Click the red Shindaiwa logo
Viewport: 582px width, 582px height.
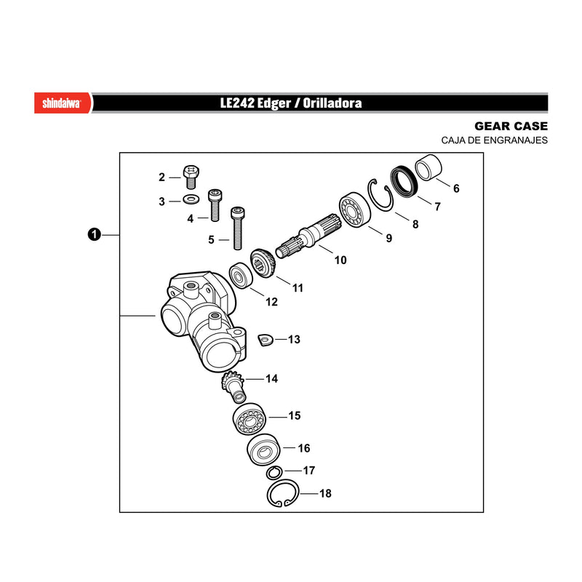[x=63, y=103]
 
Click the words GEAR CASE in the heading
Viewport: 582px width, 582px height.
[x=511, y=126]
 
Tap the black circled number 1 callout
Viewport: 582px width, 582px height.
[x=95, y=234]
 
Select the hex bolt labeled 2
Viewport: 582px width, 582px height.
[x=191, y=177]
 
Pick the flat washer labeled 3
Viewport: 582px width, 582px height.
[x=191, y=199]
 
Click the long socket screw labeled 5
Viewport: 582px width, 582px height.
[x=238, y=228]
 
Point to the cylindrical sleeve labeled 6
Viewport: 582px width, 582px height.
[x=428, y=167]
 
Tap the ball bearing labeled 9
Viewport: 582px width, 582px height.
[x=354, y=210]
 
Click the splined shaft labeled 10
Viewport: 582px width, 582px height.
[x=308, y=236]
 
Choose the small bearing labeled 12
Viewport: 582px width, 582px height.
[x=241, y=275]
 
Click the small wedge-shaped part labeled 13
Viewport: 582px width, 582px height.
[x=266, y=340]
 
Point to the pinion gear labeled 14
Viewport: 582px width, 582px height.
[x=233, y=388]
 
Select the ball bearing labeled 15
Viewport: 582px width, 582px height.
[x=249, y=419]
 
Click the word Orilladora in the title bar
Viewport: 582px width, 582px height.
[x=332, y=103]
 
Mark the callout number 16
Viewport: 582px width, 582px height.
[x=303, y=448]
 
